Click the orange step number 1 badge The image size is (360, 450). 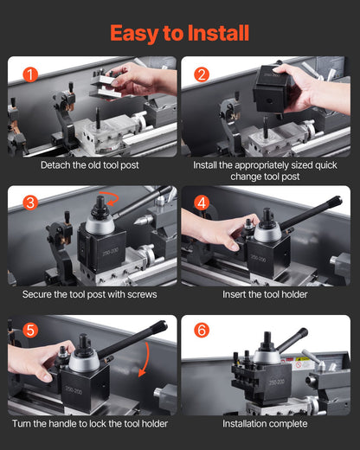(x=30, y=74)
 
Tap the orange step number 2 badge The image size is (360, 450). (x=202, y=74)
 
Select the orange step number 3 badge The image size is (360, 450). (x=30, y=203)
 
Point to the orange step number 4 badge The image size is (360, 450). (x=202, y=203)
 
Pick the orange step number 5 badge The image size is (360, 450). (x=30, y=331)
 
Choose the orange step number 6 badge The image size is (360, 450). (x=202, y=331)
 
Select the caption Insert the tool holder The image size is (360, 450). (x=266, y=294)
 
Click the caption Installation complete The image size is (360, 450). (x=266, y=423)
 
